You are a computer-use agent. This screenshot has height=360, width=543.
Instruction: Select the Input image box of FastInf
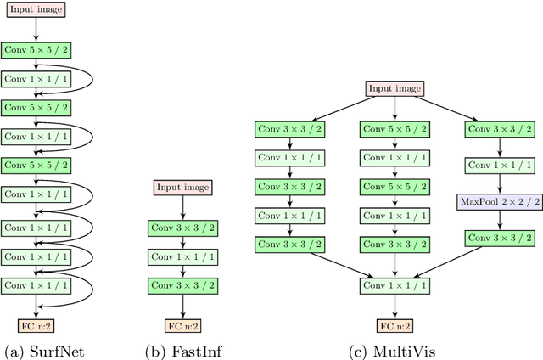[182, 188]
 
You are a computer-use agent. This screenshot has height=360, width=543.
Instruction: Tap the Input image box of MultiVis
[395, 89]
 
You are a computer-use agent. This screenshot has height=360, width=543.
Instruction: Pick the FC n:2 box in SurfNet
[36, 325]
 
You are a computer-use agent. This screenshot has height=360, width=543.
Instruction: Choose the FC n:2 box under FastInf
[182, 325]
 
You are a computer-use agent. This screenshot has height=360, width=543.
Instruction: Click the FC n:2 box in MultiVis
[395, 325]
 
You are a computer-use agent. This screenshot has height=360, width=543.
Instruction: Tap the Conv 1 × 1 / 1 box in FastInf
[182, 256]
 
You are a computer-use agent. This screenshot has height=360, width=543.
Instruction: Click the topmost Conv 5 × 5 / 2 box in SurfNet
[36, 51]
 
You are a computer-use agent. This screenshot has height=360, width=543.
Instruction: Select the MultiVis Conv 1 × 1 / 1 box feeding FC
[395, 286]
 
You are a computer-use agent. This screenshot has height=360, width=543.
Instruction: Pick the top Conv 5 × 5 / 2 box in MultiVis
[395, 130]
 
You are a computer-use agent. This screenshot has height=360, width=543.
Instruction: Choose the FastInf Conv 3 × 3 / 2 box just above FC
[182, 286]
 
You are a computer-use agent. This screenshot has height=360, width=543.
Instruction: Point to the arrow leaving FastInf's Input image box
[182, 207]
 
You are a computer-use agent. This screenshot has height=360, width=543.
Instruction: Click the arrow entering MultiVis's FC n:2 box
[395, 307]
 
